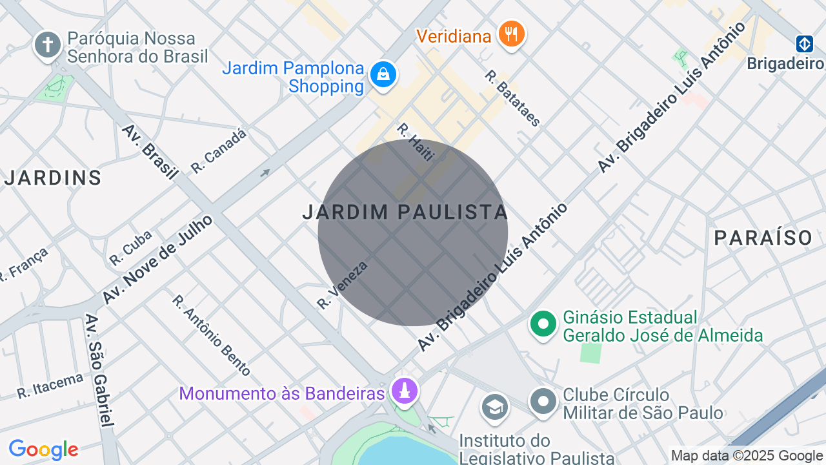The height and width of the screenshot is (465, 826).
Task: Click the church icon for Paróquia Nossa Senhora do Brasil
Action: (47, 45)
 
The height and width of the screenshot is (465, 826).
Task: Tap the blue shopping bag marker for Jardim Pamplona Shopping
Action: (383, 75)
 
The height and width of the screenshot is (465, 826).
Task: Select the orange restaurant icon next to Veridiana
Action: (512, 33)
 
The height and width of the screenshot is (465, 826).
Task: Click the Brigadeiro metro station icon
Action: (804, 44)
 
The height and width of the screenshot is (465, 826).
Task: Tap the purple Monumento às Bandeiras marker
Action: (405, 391)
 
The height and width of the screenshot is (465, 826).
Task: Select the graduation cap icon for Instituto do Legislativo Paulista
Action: (495, 406)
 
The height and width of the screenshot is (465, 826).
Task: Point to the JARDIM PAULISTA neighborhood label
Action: (405, 212)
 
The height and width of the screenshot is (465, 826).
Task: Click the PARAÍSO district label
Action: (763, 238)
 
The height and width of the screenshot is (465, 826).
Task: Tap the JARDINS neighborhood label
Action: (53, 178)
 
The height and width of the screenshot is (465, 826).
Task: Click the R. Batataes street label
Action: (513, 98)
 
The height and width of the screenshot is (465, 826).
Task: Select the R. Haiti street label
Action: (415, 141)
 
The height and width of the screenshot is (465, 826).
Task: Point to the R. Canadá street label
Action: (219, 150)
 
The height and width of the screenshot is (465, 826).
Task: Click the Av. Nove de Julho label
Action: (157, 260)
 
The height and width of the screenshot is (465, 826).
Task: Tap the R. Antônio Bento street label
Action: (211, 335)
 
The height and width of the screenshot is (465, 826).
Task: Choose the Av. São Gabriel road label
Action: (99, 371)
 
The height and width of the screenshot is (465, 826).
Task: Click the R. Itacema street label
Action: (50, 386)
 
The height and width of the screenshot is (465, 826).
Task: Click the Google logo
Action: (43, 449)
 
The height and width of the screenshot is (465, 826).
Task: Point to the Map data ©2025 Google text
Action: (747, 456)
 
